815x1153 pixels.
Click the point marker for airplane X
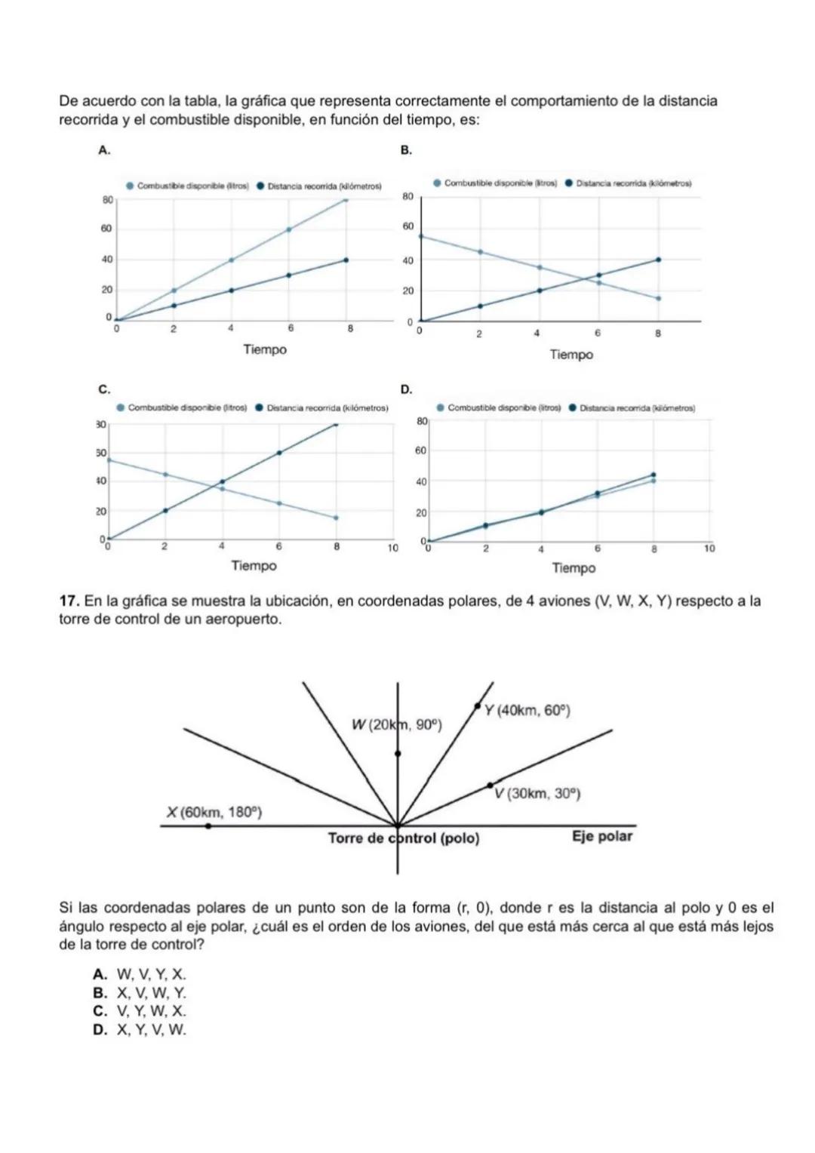pyautogui.click(x=208, y=826)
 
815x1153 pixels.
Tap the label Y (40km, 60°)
pyautogui.click(x=527, y=710)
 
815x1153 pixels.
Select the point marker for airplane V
pyautogui.click(x=490, y=786)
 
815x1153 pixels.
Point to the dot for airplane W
pyautogui.click(x=398, y=753)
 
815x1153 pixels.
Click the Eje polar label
pyautogui.click(x=602, y=836)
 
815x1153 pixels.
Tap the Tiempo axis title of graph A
pyautogui.click(x=265, y=349)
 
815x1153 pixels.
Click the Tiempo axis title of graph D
pyautogui.click(x=574, y=567)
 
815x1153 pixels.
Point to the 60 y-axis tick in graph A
pyautogui.click(x=107, y=228)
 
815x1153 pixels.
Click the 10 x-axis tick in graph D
pyautogui.click(x=709, y=549)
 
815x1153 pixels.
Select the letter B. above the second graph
pyautogui.click(x=406, y=150)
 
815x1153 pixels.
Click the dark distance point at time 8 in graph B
pyautogui.click(x=658, y=260)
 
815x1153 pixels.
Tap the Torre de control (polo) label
pyautogui.click(x=404, y=838)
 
